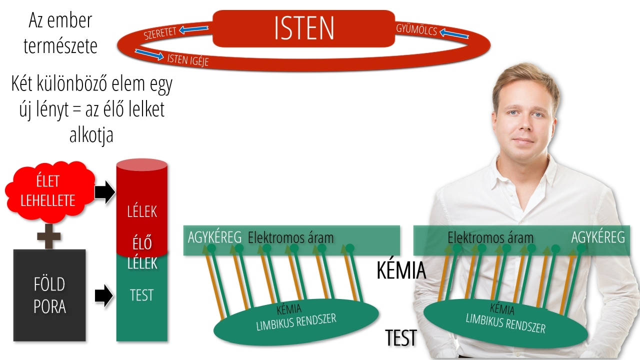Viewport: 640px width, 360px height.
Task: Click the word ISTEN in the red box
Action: coord(304,28)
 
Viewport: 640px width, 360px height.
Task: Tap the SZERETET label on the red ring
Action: coord(159,33)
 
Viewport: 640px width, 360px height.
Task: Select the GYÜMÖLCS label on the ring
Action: coord(416,30)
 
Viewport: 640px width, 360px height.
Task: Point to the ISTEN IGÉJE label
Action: coord(187,60)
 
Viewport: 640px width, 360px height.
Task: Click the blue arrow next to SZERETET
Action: coord(193,29)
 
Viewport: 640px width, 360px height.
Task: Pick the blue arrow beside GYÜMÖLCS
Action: coord(454,33)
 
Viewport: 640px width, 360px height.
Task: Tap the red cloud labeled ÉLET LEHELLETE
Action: coord(49,191)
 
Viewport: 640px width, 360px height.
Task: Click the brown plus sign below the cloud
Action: coord(49,236)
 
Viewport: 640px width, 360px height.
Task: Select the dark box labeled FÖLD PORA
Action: coord(49,295)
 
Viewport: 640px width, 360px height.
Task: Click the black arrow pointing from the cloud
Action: coord(104,192)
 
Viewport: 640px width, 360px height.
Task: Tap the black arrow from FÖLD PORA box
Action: coord(103,295)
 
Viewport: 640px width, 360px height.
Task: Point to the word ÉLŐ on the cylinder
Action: coord(142,243)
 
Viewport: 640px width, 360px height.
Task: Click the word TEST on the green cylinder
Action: coord(141,295)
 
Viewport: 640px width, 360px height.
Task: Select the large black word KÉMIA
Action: coord(401,270)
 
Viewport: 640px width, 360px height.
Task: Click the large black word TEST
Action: coord(401,337)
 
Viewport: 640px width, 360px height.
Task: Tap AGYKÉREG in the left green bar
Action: coord(214,237)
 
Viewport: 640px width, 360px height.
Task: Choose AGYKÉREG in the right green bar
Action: coord(598,237)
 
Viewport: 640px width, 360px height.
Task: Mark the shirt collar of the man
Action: coord(525,171)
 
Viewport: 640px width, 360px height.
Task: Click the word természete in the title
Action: coord(60,46)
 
